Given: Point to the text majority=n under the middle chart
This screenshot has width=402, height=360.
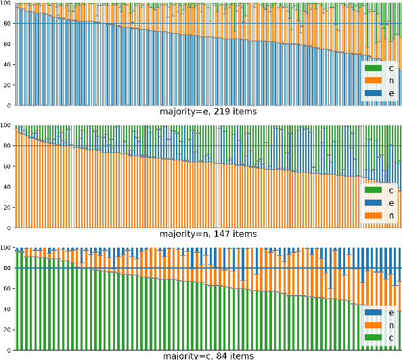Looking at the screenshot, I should (184, 234).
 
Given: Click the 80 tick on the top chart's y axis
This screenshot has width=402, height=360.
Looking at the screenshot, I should (6, 24).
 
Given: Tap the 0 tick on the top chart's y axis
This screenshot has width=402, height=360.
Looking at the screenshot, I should (9, 106).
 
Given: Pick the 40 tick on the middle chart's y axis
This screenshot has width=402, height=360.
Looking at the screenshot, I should (6, 187).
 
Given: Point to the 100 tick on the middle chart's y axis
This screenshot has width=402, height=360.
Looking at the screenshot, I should (5, 125).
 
